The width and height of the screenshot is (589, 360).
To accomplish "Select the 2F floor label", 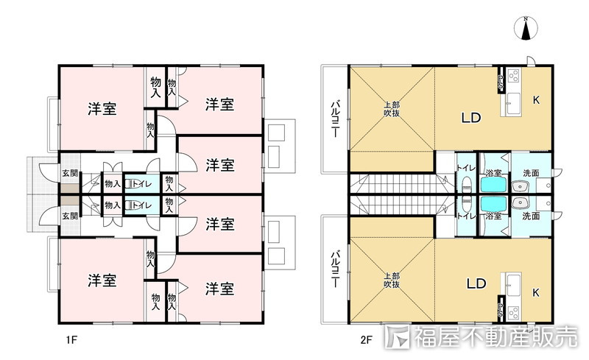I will click(x=365, y=339).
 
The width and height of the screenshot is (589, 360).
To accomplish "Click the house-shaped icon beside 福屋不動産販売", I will click(x=398, y=337).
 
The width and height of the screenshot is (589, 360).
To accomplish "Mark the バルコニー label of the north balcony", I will click(x=334, y=119).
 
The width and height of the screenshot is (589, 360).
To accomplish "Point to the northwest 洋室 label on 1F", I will click(x=102, y=109).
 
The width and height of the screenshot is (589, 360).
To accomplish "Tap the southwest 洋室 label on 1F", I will click(x=102, y=280).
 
